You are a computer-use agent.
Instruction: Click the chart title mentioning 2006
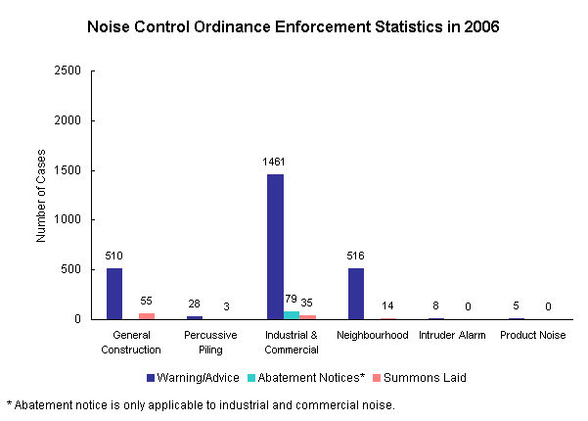tap(294, 27)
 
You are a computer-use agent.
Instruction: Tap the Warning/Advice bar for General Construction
tap(114, 294)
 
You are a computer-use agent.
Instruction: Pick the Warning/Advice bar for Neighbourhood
tap(356, 294)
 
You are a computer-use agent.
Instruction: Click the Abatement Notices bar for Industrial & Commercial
tap(292, 315)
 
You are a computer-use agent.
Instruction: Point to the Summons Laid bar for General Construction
tap(147, 316)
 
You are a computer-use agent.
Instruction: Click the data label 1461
tap(275, 162)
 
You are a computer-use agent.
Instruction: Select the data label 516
tap(356, 256)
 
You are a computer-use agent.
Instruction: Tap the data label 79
tap(291, 299)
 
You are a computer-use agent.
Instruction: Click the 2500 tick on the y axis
tap(68, 71)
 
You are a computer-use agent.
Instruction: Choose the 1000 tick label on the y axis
tap(68, 220)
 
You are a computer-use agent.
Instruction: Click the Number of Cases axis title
tap(41, 195)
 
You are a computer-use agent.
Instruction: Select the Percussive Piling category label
tap(210, 343)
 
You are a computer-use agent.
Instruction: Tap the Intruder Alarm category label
tap(451, 336)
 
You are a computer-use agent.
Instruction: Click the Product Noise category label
tap(532, 336)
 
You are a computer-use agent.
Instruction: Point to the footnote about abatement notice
tap(202, 403)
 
